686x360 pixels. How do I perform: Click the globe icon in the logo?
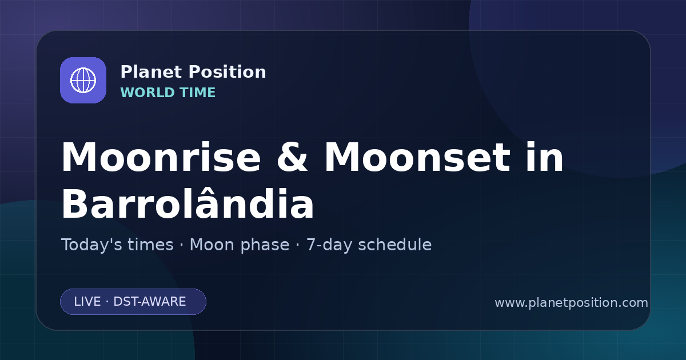(83, 80)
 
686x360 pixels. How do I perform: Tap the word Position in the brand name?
(228, 72)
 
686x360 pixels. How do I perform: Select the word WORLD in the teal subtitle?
(147, 93)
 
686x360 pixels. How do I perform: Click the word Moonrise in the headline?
(161, 157)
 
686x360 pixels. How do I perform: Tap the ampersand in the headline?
(292, 157)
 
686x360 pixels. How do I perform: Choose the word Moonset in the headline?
(417, 157)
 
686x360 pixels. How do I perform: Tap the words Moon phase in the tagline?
(240, 245)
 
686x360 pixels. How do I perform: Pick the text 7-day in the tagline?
(329, 245)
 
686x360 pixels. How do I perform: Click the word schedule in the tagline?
(395, 245)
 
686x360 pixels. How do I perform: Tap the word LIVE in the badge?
(87, 302)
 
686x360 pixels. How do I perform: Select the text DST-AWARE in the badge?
(150, 302)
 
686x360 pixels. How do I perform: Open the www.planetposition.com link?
(572, 303)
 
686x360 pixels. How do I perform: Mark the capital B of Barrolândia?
(74, 203)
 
